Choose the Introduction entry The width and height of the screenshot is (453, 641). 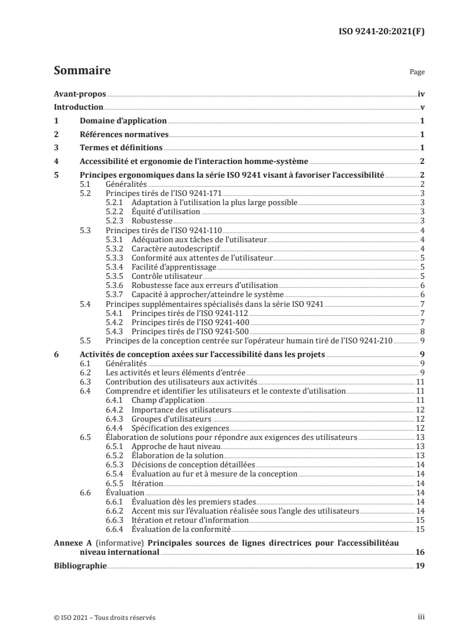(78, 107)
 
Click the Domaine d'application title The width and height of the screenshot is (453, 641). (123, 121)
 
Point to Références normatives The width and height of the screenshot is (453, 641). (124, 135)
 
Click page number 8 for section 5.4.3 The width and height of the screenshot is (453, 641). (422, 331)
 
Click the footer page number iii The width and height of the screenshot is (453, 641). (420, 618)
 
